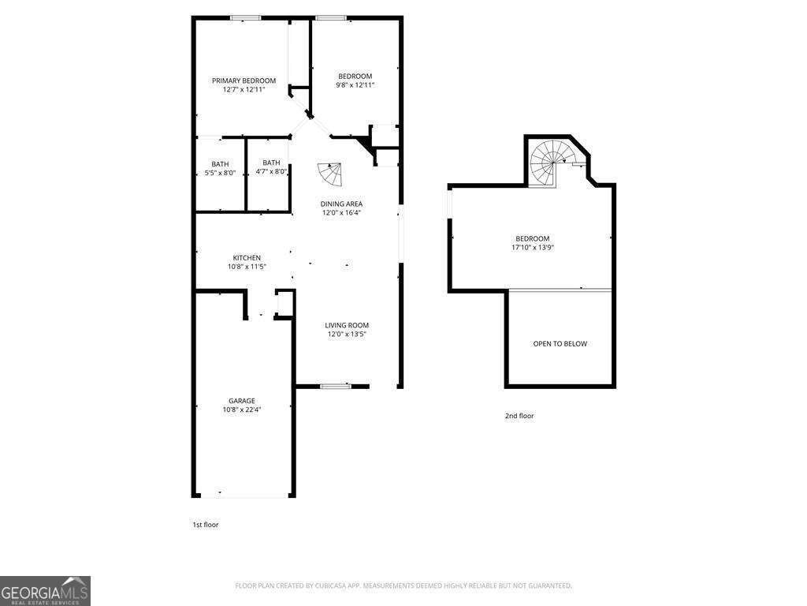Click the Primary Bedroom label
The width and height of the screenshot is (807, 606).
[x=244, y=80]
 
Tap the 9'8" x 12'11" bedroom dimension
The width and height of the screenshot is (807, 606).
[x=355, y=85]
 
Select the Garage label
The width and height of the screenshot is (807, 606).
[x=242, y=401]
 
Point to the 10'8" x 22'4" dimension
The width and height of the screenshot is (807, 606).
[x=242, y=410]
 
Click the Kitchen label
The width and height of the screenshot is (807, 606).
[x=247, y=258]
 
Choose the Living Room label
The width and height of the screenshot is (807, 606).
[x=347, y=325]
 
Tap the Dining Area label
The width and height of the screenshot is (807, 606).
[x=342, y=204]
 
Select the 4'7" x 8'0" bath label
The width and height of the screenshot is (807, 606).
[x=271, y=171]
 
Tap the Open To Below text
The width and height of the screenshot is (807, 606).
[x=560, y=344]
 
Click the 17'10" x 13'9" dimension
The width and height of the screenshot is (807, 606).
[x=533, y=247]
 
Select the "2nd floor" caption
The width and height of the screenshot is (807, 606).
[x=519, y=416]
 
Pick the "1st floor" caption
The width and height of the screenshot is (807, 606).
[x=206, y=525]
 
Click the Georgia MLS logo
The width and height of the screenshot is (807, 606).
[x=45, y=590]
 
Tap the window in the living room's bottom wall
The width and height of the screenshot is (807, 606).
[x=335, y=386]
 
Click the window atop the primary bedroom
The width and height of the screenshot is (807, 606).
[x=246, y=18]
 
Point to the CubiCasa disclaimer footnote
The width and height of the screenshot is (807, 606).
[x=403, y=585]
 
